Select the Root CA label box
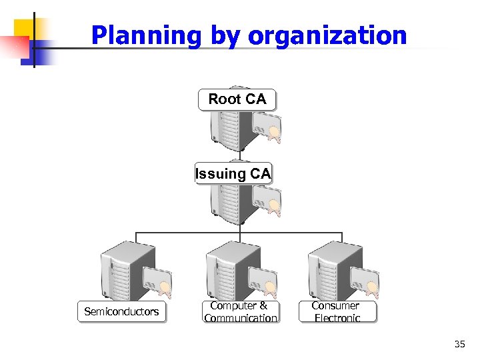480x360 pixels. pyautogui.click(x=237, y=99)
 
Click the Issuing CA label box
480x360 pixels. pyautogui.click(x=233, y=174)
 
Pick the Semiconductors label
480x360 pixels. pyautogui.click(x=121, y=311)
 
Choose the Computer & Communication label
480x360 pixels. pyautogui.click(x=240, y=311)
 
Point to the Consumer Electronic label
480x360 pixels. pyautogui.click(x=336, y=311)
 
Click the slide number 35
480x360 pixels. pyautogui.click(x=459, y=344)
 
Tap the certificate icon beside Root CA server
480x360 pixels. pyautogui.click(x=267, y=128)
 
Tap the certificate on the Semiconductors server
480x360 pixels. pyautogui.click(x=158, y=283)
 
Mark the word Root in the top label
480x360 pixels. pyautogui.click(x=224, y=99)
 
